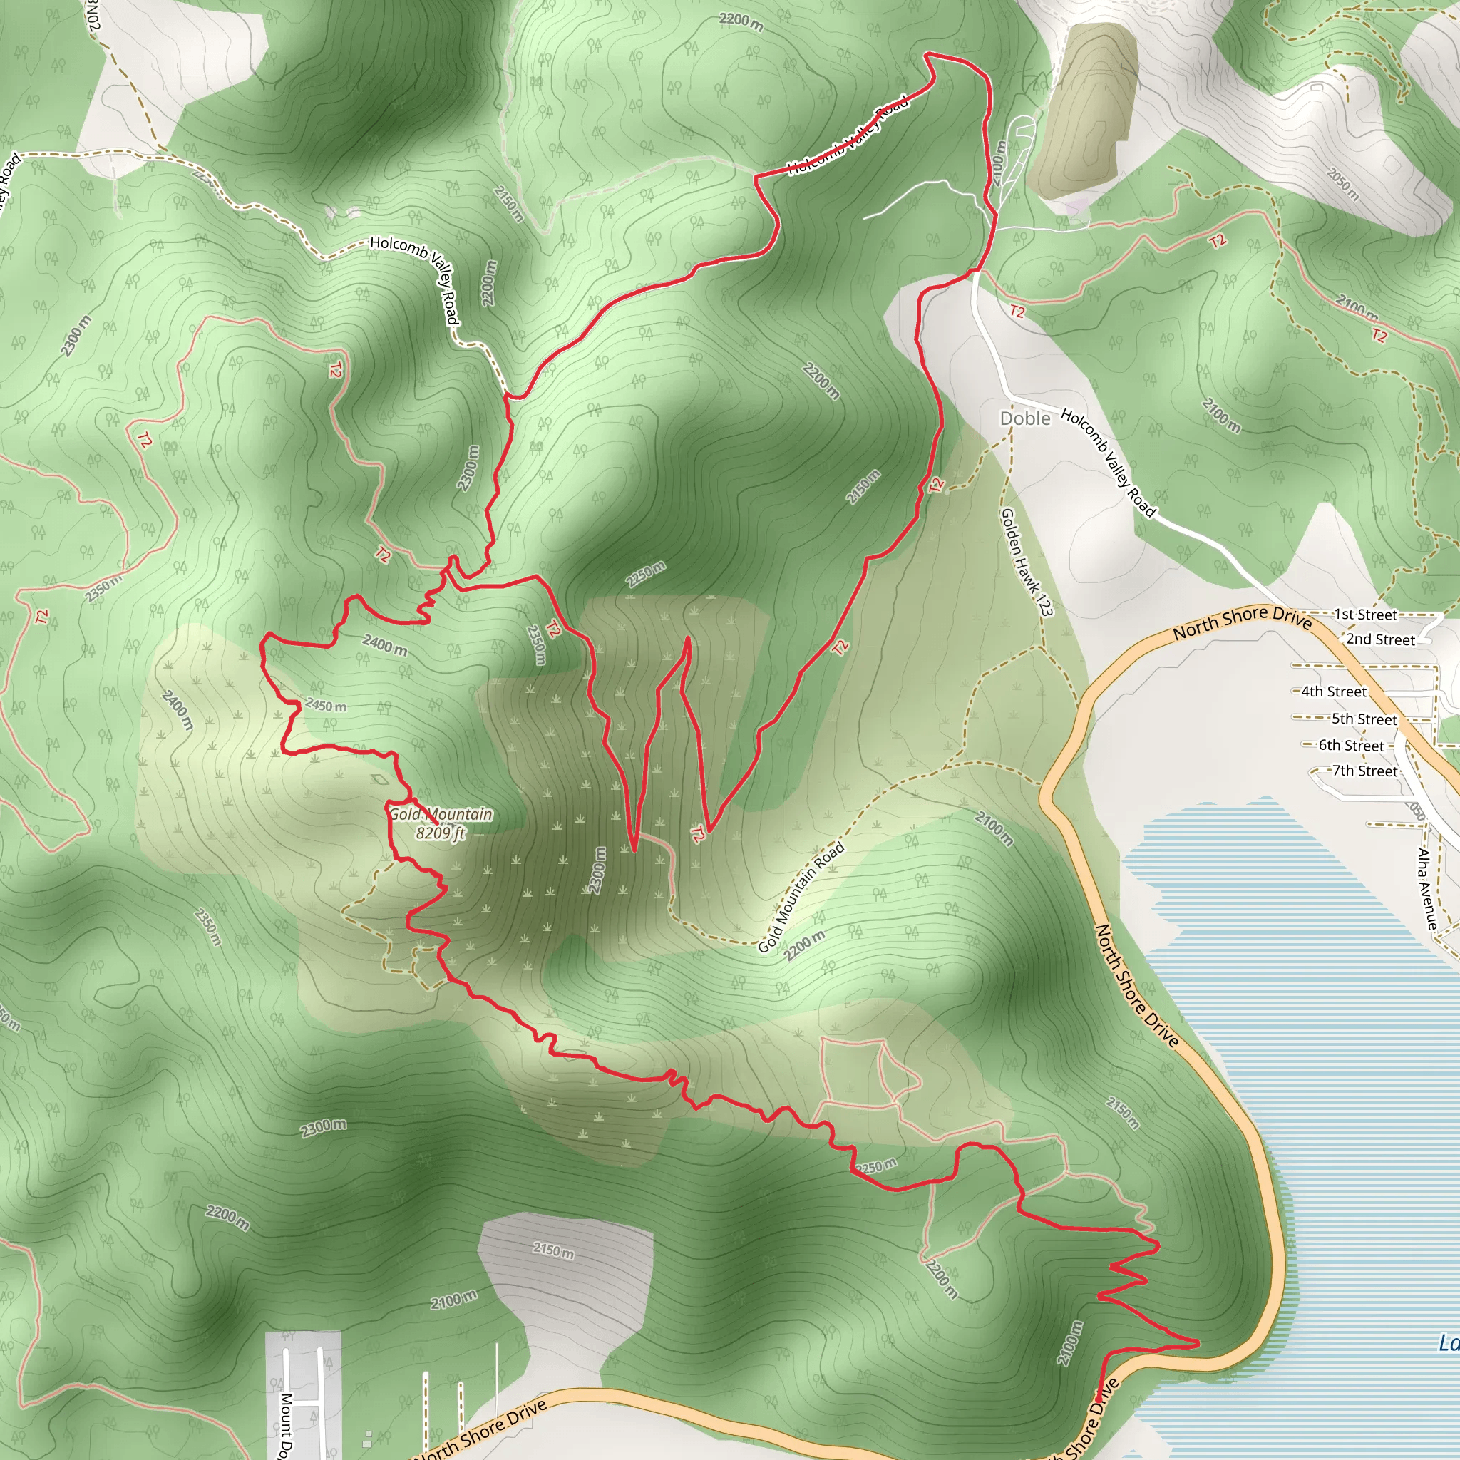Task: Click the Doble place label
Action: pos(1024,418)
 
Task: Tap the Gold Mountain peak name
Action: pos(441,815)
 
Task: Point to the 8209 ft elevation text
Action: pos(441,833)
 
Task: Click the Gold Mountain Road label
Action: pos(801,897)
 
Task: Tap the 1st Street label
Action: pos(1365,615)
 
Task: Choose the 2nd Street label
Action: pos(1380,639)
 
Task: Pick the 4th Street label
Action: pos(1334,692)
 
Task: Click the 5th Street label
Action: pos(1364,719)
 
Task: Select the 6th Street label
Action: pos(1351,746)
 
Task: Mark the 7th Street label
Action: pos(1364,771)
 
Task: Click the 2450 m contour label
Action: pos(326,705)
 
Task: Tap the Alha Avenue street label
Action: pos(1426,889)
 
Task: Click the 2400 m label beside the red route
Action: pos(385,644)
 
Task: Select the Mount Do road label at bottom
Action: pos(286,1424)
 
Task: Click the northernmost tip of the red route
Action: pos(928,53)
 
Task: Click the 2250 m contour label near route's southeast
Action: pos(877,1166)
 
